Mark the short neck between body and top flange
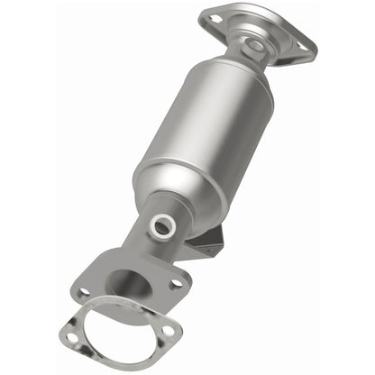(243, 61)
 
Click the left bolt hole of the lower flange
(84, 293)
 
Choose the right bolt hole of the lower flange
(177, 283)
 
